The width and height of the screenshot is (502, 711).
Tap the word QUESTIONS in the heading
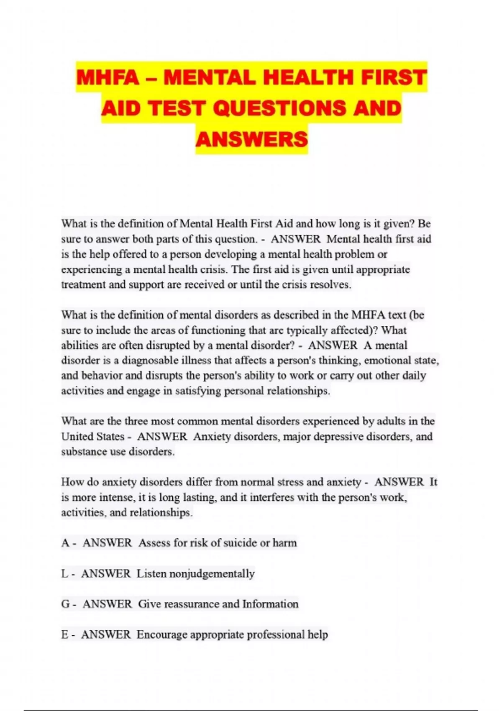[279, 108]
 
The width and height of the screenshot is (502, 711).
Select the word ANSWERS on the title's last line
[251, 139]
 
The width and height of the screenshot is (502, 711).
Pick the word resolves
[330, 285]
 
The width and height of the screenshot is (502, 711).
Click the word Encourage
[162, 634]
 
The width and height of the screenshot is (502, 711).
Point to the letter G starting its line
[65, 604]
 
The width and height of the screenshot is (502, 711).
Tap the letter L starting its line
[64, 573]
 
